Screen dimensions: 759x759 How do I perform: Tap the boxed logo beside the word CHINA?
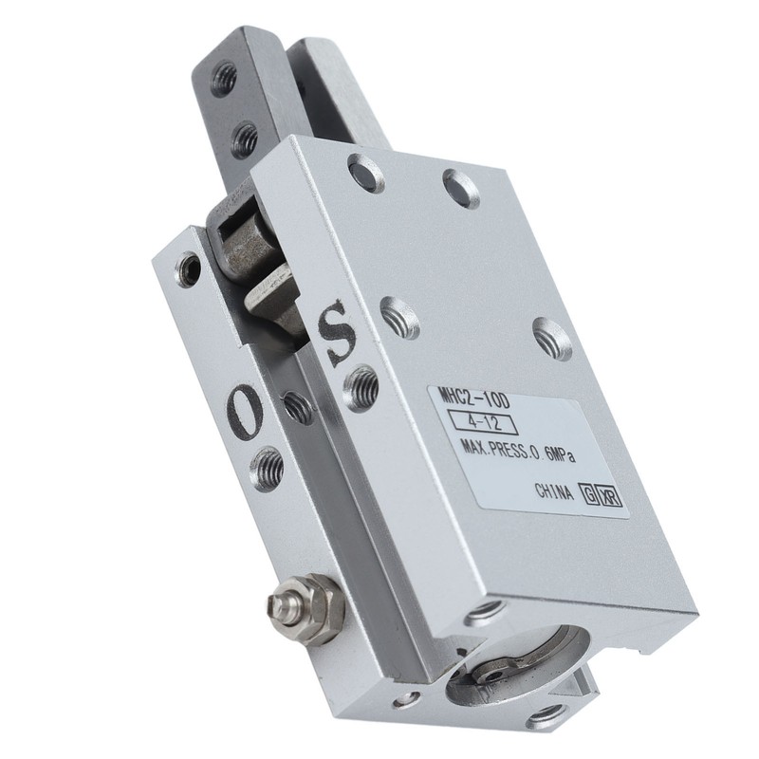tap(603, 494)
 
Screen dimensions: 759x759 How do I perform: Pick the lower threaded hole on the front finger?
tap(244, 139)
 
